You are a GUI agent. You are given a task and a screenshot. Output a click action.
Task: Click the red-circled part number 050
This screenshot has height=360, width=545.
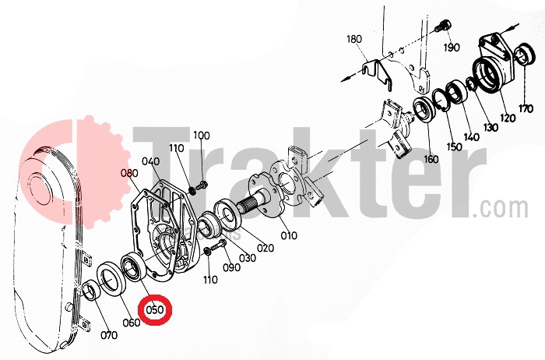pos(155,309)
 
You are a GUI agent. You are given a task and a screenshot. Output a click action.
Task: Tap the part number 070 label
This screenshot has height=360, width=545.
pos(109,335)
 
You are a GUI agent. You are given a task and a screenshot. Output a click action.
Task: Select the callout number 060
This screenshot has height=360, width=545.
pos(132,323)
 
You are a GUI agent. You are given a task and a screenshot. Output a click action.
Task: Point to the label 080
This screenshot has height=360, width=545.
pos(129,173)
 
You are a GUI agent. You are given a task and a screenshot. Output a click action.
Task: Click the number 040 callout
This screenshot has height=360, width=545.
pos(151,161)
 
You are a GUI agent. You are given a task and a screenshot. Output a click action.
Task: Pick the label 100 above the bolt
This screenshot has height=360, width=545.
pos(202,136)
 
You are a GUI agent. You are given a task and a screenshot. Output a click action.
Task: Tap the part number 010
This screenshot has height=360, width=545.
pos(289,235)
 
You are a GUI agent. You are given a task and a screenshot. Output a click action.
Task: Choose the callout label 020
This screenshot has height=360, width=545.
pos(265,248)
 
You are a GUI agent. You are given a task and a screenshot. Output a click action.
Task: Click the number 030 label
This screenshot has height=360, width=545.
pos(248,258)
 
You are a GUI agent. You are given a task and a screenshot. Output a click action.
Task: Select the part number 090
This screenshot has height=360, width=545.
pos(231,267)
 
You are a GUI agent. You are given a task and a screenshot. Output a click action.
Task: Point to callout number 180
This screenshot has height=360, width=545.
pos(354,39)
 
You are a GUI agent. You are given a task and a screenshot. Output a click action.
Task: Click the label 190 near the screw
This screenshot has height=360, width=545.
pos(452,48)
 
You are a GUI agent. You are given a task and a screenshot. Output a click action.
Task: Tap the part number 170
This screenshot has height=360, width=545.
pos(526,109)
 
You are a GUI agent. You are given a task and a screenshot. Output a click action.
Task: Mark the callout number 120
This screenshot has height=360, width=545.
pos(508,118)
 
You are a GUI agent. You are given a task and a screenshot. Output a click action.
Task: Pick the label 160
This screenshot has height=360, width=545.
pos(431,159)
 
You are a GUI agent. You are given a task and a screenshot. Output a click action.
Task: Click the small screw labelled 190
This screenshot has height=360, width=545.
pos(443,26)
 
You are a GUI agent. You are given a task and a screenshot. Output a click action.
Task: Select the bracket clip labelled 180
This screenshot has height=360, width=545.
pos(377,74)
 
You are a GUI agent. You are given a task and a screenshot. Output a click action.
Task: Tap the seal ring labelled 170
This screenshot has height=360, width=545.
pos(525,55)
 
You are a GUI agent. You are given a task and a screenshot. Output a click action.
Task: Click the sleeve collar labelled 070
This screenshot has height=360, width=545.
pos(92,290)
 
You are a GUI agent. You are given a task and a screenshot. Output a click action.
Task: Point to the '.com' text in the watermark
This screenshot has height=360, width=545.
pos(501,208)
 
